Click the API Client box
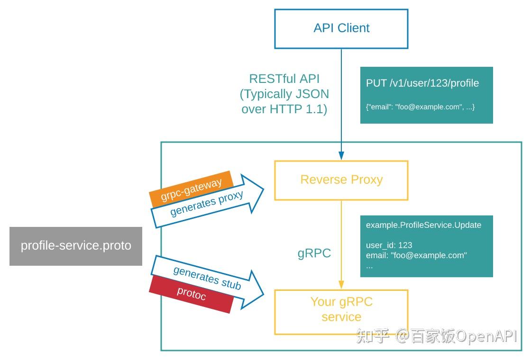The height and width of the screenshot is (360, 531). click(x=341, y=28)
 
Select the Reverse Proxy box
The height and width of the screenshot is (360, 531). click(x=341, y=180)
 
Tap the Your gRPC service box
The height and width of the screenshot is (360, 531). click(x=341, y=310)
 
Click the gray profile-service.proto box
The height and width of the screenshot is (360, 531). click(x=76, y=246)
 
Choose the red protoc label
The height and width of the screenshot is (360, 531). click(x=192, y=294)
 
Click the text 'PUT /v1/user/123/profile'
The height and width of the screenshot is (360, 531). click(x=422, y=83)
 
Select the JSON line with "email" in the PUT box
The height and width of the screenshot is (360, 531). click(x=420, y=107)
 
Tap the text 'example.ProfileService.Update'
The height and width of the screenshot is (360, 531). click(x=423, y=225)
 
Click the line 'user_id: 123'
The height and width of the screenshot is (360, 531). click(x=389, y=245)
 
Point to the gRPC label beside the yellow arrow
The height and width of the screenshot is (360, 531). click(x=314, y=253)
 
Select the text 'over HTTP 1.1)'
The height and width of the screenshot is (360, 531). click(x=284, y=109)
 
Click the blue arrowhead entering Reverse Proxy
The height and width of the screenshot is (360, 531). click(x=341, y=156)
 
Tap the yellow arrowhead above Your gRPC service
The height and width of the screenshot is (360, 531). click(x=341, y=284)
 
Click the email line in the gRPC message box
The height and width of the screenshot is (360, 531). click(x=416, y=255)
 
